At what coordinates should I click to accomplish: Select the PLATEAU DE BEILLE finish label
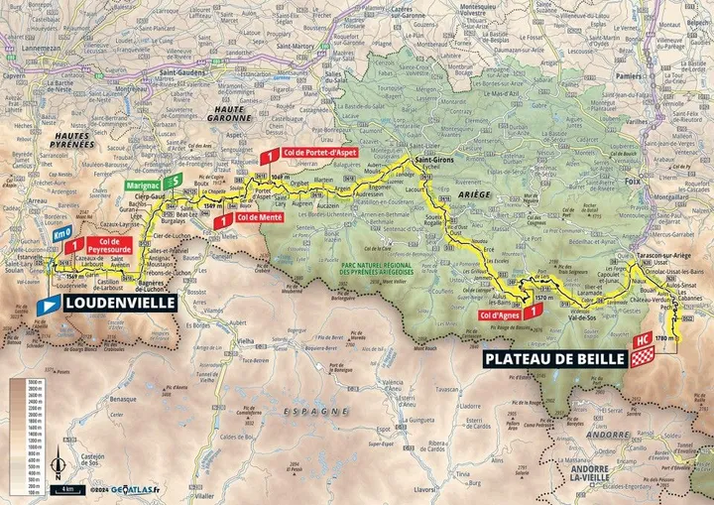coord(554,359)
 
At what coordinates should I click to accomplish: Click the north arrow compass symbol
coord(59,462)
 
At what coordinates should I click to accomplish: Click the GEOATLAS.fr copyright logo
coord(135,489)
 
